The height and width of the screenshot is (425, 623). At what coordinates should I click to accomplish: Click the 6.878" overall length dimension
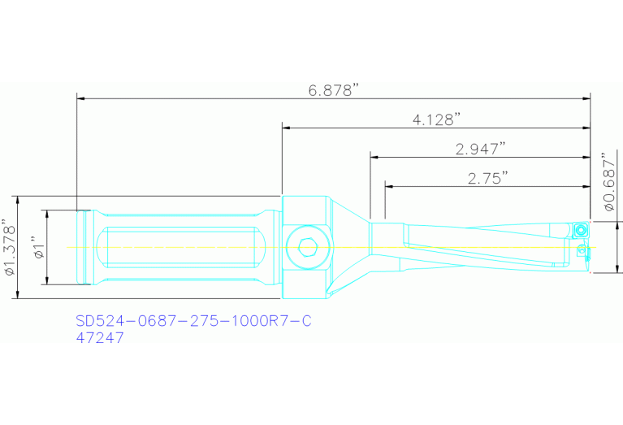pos(333,90)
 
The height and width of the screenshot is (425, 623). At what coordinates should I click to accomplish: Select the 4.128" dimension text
pos(436,119)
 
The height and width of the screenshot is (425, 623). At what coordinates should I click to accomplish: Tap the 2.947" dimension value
pos(480,148)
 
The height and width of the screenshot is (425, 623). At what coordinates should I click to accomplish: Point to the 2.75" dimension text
pos(487,177)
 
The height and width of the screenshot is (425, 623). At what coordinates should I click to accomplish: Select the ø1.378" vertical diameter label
pos(9,247)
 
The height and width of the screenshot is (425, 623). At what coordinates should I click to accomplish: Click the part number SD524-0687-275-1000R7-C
pos(193,321)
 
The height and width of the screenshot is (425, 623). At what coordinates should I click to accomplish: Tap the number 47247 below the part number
pos(99,337)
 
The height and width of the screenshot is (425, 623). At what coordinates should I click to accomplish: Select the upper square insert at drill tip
pos(581,230)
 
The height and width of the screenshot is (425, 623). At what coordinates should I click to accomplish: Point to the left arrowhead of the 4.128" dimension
pos(287,128)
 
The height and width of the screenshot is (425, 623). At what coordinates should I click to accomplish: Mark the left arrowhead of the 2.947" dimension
pos(374,157)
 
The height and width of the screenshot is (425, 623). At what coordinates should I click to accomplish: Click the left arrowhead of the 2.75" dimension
pos(389,186)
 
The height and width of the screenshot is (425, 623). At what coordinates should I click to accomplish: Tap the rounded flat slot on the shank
pos(184,247)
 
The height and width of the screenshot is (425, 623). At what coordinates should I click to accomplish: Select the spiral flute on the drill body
pos(479,248)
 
